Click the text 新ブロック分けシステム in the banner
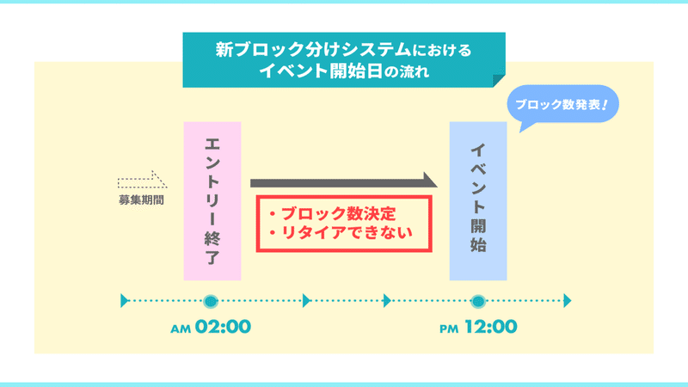click(x=313, y=50)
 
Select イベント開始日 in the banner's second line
click(x=321, y=71)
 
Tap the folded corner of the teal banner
click(x=499, y=81)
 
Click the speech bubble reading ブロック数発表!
click(x=563, y=104)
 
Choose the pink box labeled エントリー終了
click(x=212, y=201)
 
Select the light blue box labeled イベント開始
click(x=478, y=201)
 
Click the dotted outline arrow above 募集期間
click(x=142, y=180)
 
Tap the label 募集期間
click(x=141, y=200)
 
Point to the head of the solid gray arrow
click(x=430, y=180)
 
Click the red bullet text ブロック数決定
click(x=333, y=213)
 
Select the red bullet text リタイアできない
click(x=341, y=232)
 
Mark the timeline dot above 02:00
click(x=211, y=301)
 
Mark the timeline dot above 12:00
click(x=478, y=301)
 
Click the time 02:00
click(x=223, y=327)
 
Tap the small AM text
click(x=181, y=329)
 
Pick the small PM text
click(x=449, y=329)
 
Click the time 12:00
click(x=491, y=327)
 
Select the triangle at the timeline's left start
click(x=124, y=301)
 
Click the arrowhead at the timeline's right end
click(x=568, y=301)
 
